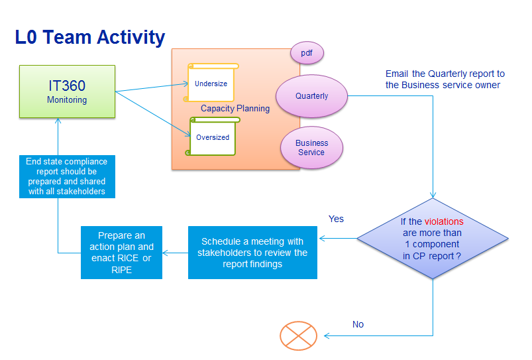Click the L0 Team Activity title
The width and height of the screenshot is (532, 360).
point(89,37)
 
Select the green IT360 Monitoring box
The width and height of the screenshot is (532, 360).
point(67,91)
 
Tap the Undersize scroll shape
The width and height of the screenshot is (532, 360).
point(211,84)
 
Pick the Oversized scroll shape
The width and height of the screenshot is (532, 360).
point(213,137)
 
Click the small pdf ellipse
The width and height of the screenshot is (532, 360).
point(307,53)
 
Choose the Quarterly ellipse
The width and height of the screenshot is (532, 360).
point(311,96)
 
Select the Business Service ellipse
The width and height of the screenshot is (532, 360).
point(311,148)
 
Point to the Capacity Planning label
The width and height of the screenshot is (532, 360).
point(235,109)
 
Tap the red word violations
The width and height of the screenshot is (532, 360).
point(444,221)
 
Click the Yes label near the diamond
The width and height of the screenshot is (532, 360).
point(336,219)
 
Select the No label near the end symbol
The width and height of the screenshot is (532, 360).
point(358,324)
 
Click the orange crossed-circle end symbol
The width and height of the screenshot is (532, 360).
point(298,335)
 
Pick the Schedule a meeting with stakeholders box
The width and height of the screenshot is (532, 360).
point(253,253)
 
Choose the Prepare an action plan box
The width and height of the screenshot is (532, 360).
point(121,253)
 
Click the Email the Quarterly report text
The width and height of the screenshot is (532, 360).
point(445,79)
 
